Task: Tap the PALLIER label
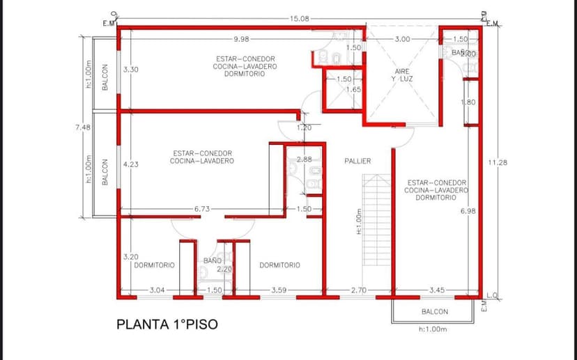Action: [357, 161]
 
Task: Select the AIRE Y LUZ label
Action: [401, 75]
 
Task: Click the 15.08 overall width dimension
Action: [300, 19]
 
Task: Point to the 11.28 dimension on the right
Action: [497, 162]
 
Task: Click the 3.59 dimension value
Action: [279, 290]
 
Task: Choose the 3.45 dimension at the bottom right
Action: [437, 290]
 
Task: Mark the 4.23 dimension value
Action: [130, 165]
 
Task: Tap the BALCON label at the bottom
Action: [434, 312]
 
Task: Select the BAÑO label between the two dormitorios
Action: [212, 260]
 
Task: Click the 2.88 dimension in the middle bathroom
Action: [304, 159]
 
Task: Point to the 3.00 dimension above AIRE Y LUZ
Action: [402, 39]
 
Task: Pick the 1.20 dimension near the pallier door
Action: [304, 128]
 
